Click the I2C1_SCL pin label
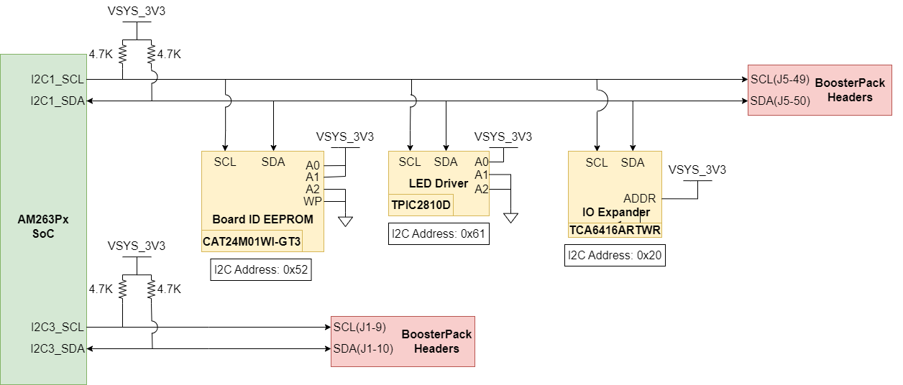pyautogui.click(x=57, y=79)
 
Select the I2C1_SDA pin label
pyautogui.click(x=57, y=101)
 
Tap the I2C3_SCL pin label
pyautogui.click(x=57, y=328)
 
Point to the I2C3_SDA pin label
pyautogui.click(x=57, y=349)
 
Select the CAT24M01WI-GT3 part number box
pyautogui.click(x=252, y=241)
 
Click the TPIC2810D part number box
pyautogui.click(x=421, y=205)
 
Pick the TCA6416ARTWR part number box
pyautogui.click(x=615, y=230)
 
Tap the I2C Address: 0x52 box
pyautogui.click(x=261, y=271)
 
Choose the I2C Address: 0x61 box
pyautogui.click(x=439, y=234)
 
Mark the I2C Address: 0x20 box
pyautogui.click(x=615, y=256)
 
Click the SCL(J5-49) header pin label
pyautogui.click(x=780, y=79)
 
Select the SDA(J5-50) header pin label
pyautogui.click(x=780, y=101)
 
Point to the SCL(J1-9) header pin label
pyautogui.click(x=360, y=328)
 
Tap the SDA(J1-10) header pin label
pyautogui.click(x=363, y=349)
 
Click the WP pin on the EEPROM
pyautogui.click(x=312, y=201)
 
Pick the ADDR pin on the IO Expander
pyautogui.click(x=639, y=198)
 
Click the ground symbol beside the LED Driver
pyautogui.click(x=510, y=217)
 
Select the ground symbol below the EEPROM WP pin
pyautogui.click(x=345, y=221)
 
